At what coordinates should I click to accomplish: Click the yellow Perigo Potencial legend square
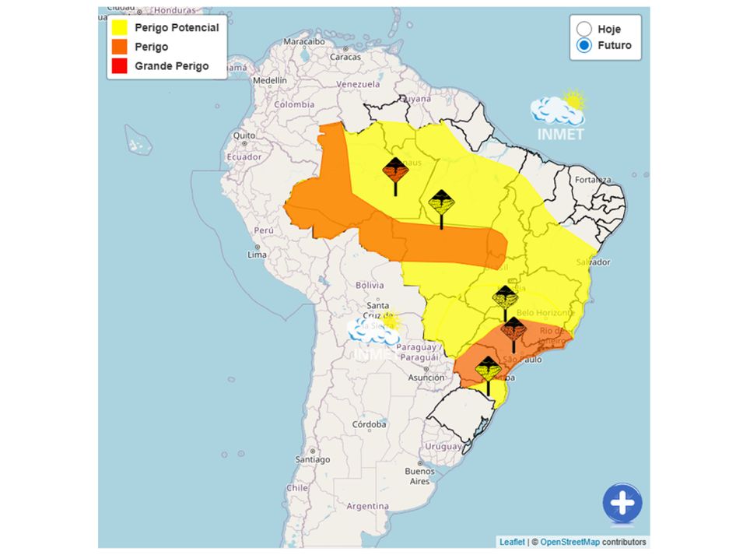[x=119, y=28]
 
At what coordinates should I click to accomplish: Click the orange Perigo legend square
[x=119, y=47]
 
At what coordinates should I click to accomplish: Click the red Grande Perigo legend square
[x=119, y=67]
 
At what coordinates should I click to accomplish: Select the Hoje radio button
[x=584, y=29]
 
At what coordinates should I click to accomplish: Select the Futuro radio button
[x=584, y=45]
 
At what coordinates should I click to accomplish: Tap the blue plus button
[x=622, y=504]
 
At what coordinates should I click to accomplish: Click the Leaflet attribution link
[x=512, y=542]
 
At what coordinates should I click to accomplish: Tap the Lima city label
[x=257, y=255]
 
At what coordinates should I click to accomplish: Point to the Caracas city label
[x=345, y=57]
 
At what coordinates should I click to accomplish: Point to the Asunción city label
[x=426, y=378]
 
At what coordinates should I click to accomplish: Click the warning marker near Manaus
[x=395, y=170]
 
